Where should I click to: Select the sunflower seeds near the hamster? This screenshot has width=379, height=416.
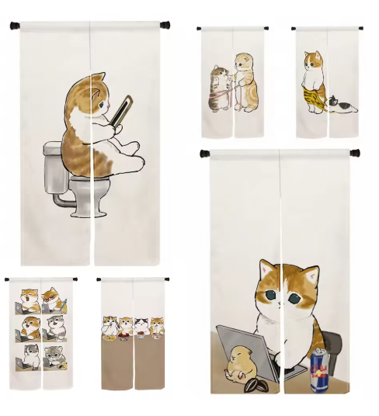[x=255, y=383]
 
